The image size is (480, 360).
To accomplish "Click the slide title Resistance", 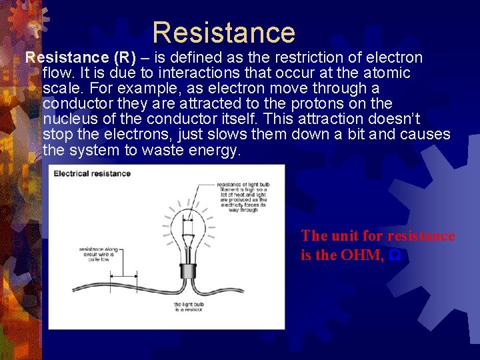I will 223,33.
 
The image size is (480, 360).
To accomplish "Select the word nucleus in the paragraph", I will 71,119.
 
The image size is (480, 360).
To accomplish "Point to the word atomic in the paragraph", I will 388,73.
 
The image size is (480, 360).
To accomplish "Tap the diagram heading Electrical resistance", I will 92,174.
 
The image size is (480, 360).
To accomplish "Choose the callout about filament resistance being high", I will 243,198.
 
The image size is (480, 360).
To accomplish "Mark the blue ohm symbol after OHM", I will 395,255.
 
